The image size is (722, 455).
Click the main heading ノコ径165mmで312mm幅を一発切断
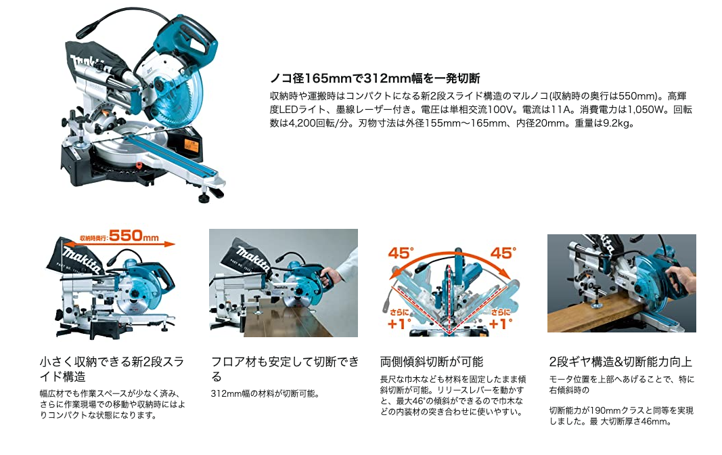click(x=375, y=78)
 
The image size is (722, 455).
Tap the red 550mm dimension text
click(x=133, y=236)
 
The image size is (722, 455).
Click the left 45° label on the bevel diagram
click(x=401, y=254)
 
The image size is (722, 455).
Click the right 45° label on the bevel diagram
click(x=503, y=253)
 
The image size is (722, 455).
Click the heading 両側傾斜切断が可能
click(x=432, y=362)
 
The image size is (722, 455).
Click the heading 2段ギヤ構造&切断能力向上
click(x=621, y=362)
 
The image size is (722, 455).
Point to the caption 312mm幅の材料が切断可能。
click(x=265, y=393)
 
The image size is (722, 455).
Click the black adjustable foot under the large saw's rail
click(x=204, y=198)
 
